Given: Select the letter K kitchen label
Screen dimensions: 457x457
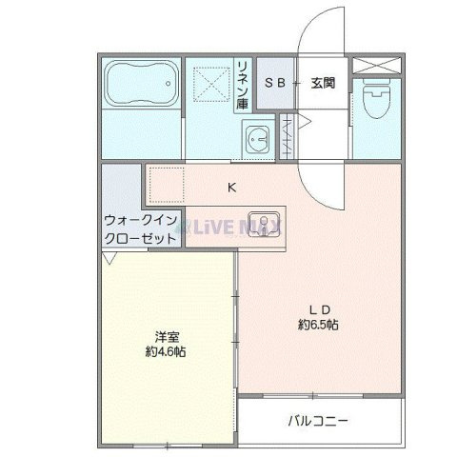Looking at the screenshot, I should click(231, 187).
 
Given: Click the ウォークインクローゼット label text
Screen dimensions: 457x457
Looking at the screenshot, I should click(140, 229).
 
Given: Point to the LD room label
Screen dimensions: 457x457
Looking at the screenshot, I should click(318, 308).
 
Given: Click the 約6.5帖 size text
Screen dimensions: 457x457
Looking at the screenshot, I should click(318, 325).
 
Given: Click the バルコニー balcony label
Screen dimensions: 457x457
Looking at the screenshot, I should click(318, 419).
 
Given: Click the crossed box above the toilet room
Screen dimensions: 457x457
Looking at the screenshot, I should click(375, 67).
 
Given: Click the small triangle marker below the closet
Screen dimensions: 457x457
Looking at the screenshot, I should click(110, 259).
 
